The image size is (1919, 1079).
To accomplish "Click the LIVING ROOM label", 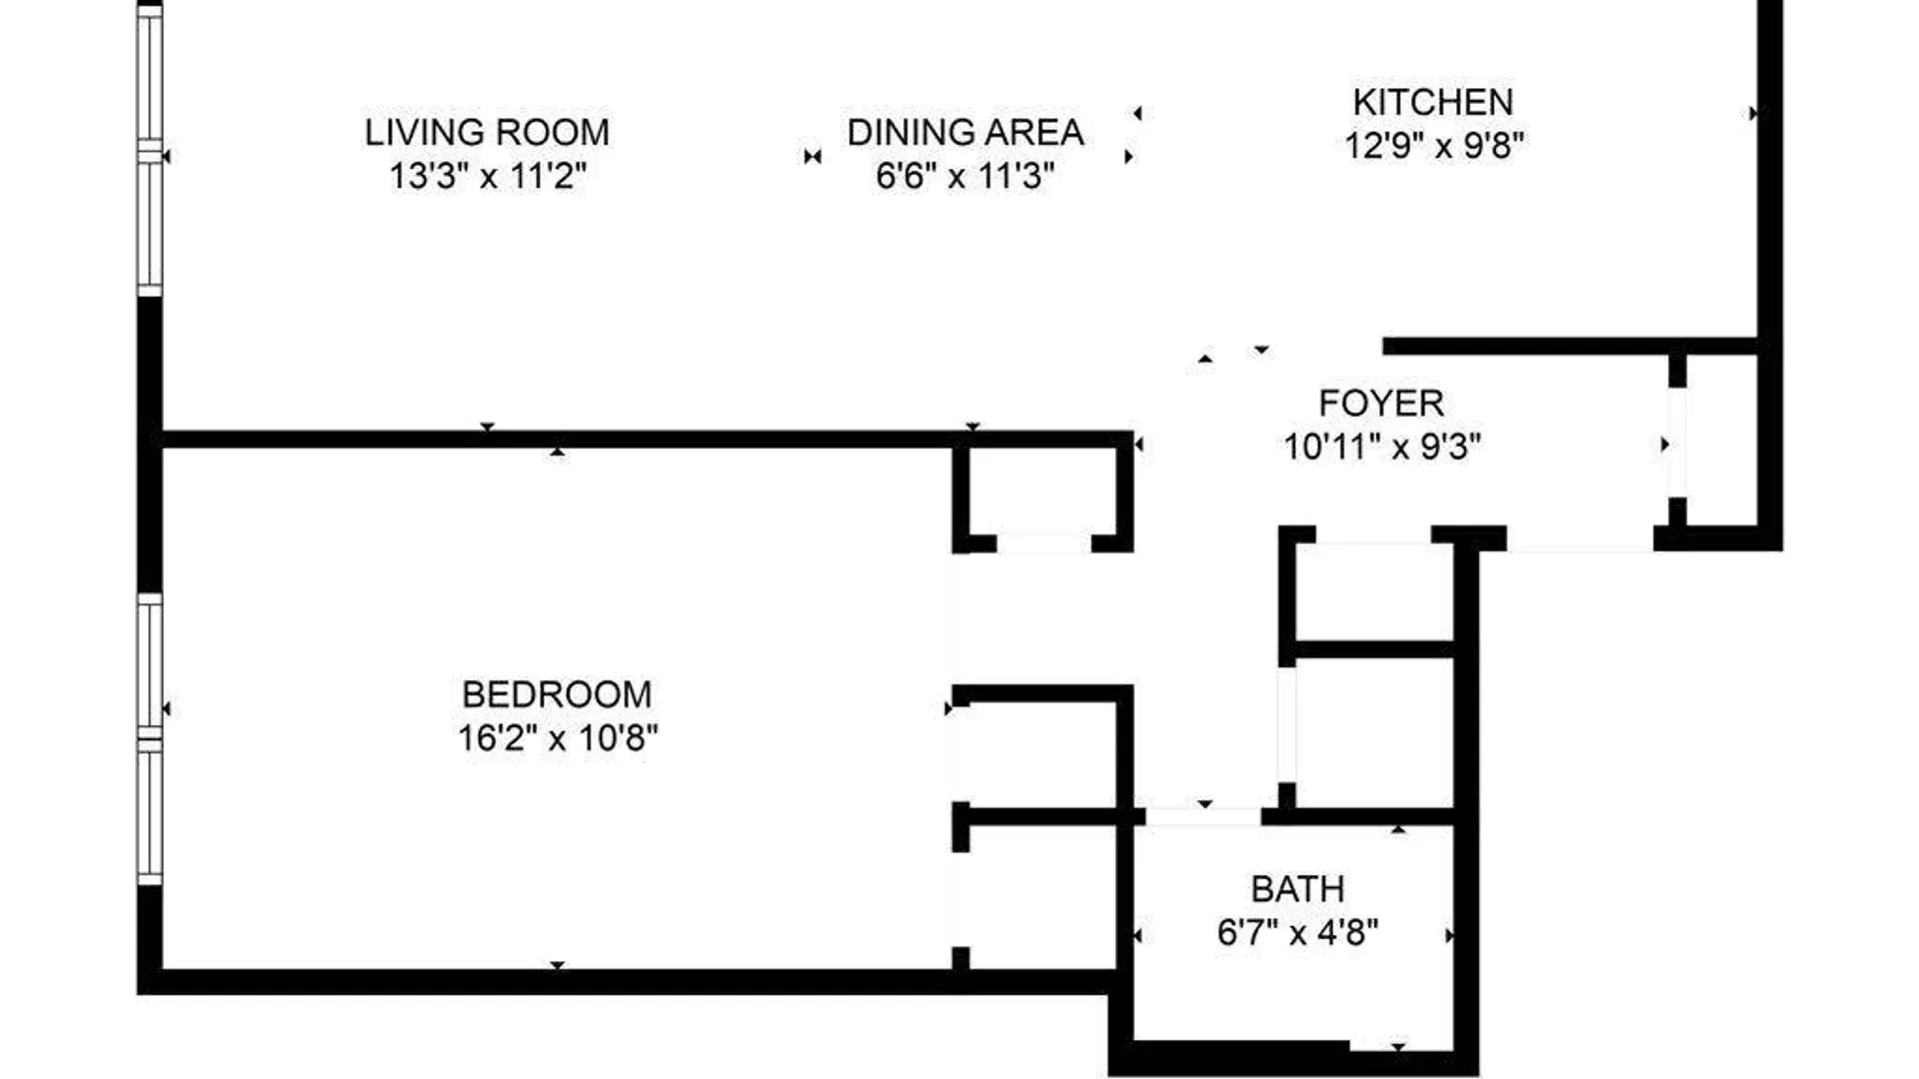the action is (x=487, y=132).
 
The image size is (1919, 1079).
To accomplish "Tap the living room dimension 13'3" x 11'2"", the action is (x=487, y=176).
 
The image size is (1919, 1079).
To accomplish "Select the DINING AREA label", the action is (x=965, y=132).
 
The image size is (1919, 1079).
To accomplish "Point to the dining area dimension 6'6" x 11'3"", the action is (x=965, y=176).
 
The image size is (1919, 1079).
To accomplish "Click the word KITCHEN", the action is (x=1432, y=102).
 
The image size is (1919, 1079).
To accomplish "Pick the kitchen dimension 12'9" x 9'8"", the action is (x=1433, y=146).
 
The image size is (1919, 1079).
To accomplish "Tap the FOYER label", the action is (x=1381, y=404).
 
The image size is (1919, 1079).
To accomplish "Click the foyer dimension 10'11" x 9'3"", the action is (x=1381, y=447).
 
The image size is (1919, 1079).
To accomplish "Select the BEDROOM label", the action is (x=557, y=694).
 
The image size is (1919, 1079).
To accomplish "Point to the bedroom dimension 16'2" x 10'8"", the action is (x=558, y=738).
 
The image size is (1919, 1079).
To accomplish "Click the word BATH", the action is (x=1297, y=889).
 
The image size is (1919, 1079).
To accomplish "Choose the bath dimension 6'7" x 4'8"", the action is (x=1297, y=933).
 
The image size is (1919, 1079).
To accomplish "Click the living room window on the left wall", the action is (x=149, y=150).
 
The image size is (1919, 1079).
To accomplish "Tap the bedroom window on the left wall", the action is (x=149, y=739).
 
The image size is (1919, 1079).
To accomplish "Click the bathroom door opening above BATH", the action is (x=1203, y=816).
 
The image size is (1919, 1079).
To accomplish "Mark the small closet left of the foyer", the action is (x=1043, y=495).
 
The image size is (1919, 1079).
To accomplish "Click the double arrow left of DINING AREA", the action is (x=813, y=157).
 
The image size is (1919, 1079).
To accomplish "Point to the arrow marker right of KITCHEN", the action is (x=1752, y=114).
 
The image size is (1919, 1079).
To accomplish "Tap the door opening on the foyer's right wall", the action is (x=1677, y=443).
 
